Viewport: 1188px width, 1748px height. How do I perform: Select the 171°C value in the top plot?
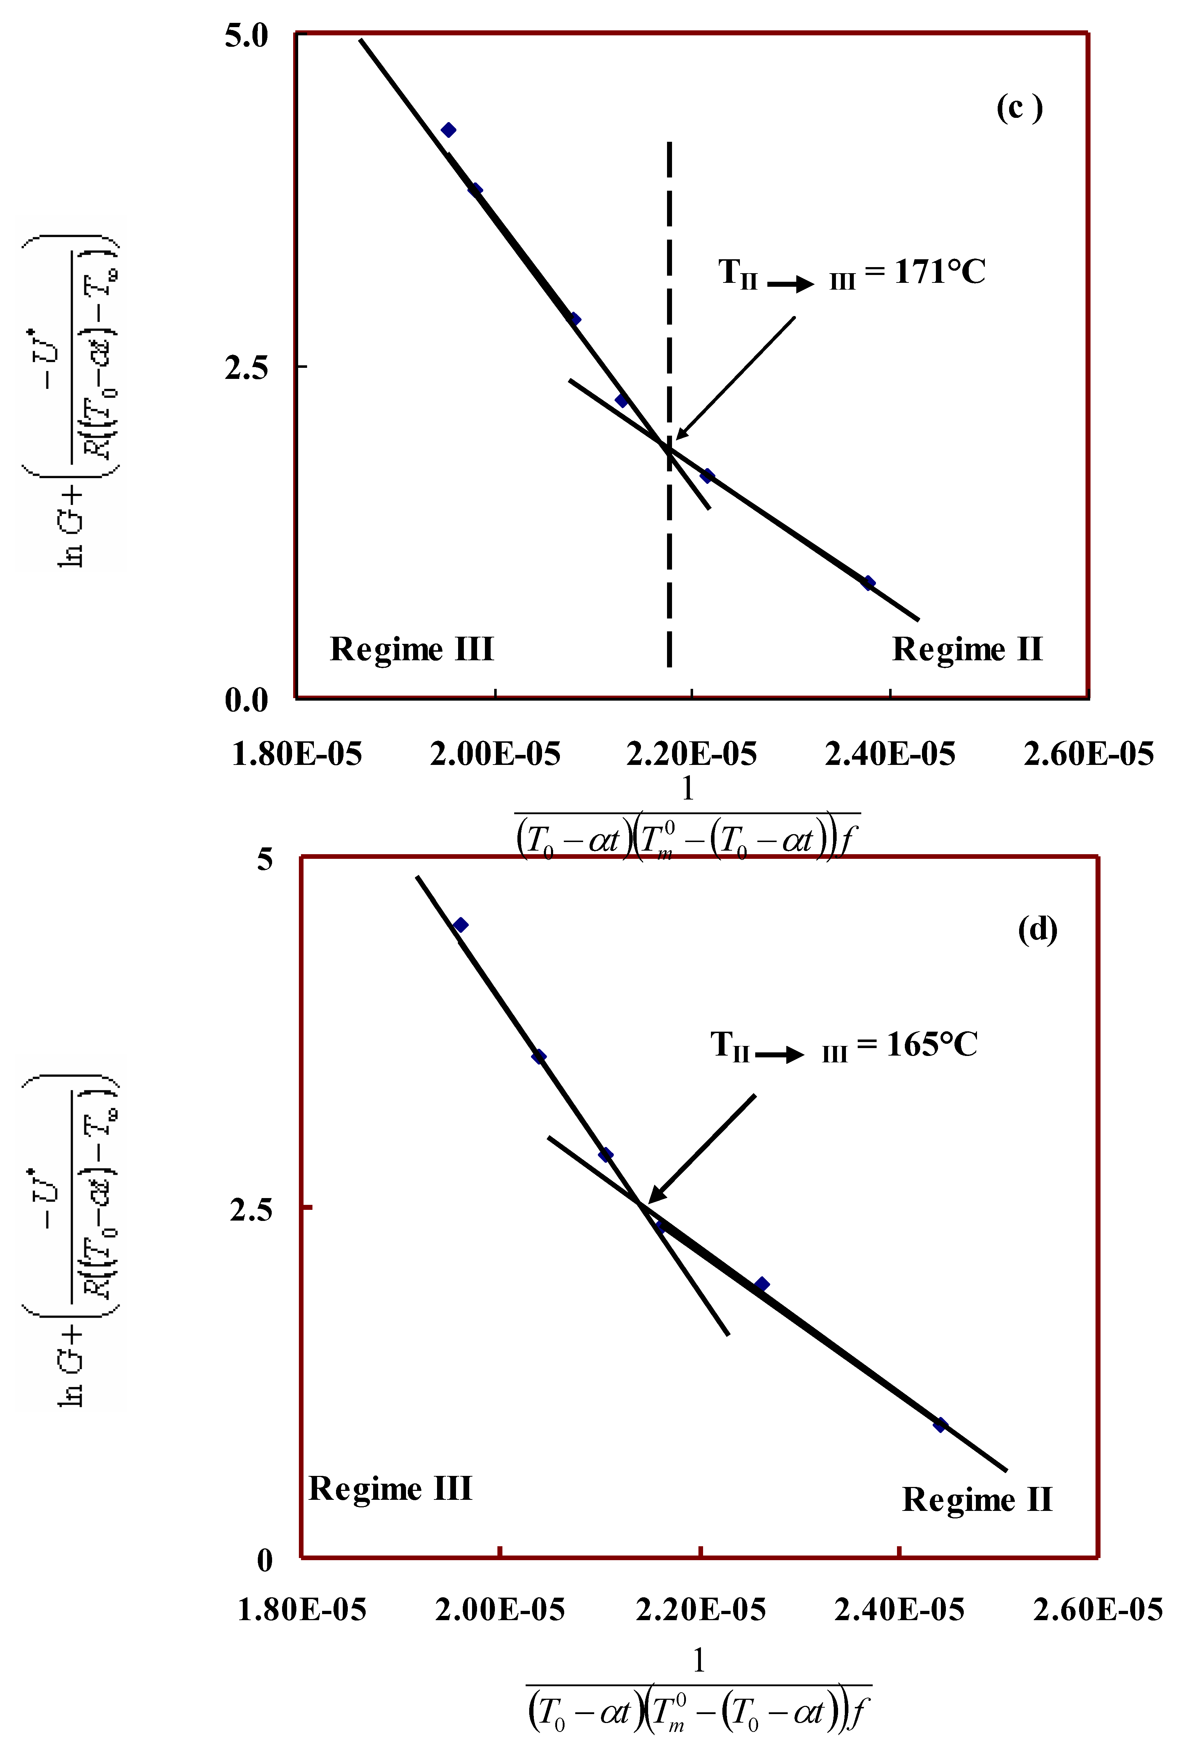click(940, 271)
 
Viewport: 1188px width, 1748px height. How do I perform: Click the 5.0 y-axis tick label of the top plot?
click(247, 35)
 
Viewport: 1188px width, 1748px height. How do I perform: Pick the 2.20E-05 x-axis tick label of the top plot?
click(692, 753)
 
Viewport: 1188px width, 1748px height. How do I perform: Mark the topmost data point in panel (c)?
click(448, 130)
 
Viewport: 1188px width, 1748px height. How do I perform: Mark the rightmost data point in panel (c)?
click(868, 583)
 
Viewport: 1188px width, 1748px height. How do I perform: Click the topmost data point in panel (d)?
click(460, 925)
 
